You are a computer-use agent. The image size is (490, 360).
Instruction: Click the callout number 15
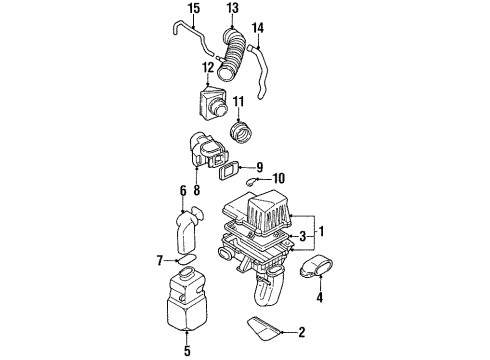[194, 8]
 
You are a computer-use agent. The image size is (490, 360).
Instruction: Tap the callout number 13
[232, 8]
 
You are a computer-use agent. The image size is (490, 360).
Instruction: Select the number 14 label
[257, 28]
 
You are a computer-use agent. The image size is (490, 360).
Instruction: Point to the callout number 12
[208, 68]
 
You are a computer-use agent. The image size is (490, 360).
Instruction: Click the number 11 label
[238, 101]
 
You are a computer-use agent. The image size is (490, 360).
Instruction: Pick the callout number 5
[187, 351]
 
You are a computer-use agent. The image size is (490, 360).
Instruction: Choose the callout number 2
[301, 332]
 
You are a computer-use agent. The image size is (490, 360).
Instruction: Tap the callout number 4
[320, 297]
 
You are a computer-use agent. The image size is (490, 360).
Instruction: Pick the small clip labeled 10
[251, 181]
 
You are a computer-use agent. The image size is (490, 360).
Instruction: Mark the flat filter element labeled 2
[263, 329]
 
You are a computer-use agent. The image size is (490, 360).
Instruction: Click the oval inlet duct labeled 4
[316, 266]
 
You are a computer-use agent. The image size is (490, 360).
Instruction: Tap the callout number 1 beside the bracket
[321, 231]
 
